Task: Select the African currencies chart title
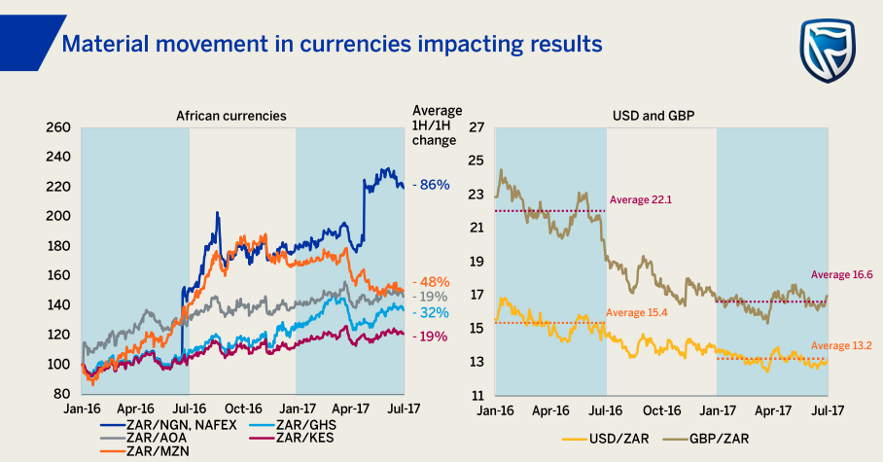click(230, 115)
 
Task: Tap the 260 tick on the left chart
click(57, 127)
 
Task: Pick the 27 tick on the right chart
click(477, 127)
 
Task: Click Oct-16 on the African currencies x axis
click(244, 409)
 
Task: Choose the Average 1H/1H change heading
click(437, 124)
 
